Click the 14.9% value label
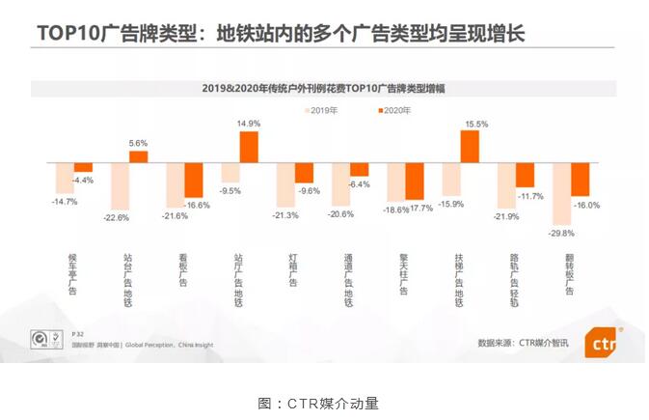tap(250, 124)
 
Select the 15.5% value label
tap(475, 124)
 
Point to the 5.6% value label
tap(138, 143)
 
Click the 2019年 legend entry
tap(319, 110)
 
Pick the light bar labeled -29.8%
tap(561, 193)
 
